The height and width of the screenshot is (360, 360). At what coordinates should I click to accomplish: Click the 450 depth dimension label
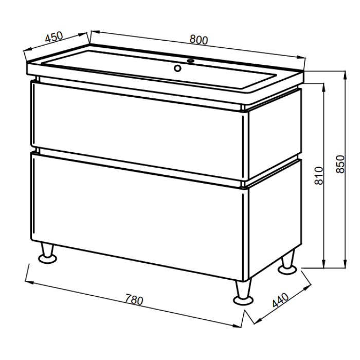(54, 37)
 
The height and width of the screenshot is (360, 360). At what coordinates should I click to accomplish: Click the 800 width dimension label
(199, 40)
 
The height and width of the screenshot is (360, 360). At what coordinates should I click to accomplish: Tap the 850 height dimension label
(340, 164)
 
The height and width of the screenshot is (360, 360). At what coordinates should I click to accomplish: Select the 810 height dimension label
(319, 176)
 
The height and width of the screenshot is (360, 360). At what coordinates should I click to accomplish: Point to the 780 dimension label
(134, 299)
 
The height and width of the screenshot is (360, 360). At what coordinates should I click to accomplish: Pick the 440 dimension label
(281, 300)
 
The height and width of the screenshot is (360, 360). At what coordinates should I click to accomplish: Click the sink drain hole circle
(177, 68)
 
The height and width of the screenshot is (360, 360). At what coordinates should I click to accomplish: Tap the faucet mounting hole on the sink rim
(191, 61)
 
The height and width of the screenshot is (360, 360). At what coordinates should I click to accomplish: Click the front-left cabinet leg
(47, 254)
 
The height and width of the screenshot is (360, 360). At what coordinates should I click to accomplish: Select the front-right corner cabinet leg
(243, 292)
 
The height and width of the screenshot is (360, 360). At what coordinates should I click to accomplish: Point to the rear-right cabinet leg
(288, 263)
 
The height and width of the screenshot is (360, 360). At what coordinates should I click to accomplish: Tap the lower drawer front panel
(137, 216)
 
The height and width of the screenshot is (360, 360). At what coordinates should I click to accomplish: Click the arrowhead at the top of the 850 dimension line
(345, 75)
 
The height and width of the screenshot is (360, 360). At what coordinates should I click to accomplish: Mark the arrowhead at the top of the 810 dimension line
(323, 87)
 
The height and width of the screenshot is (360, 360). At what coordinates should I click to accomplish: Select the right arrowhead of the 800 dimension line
(301, 58)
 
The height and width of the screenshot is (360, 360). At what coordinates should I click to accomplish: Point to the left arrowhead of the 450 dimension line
(27, 49)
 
